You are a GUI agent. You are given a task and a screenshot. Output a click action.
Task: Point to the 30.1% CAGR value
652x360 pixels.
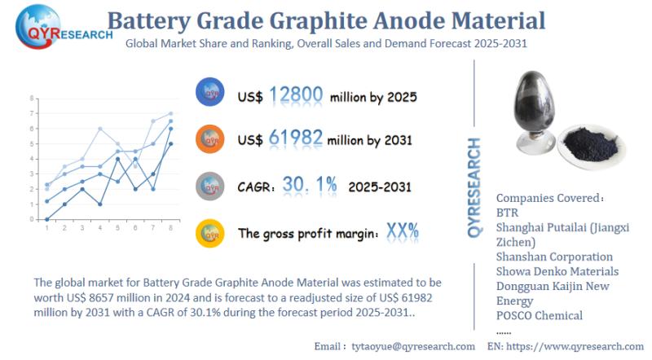[310, 185]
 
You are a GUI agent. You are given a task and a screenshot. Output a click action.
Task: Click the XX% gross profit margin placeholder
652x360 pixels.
[403, 232]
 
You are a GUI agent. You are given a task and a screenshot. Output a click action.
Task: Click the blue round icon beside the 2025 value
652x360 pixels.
[210, 94]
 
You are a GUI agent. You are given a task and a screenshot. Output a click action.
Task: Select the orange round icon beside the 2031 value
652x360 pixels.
[210, 139]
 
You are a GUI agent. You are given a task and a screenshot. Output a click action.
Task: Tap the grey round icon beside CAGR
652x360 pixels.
[210, 186]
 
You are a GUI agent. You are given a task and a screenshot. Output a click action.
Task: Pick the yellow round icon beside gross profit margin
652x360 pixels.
[210, 233]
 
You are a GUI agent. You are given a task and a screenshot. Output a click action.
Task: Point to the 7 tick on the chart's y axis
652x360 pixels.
[32, 113]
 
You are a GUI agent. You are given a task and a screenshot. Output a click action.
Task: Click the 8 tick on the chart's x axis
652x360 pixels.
[170, 227]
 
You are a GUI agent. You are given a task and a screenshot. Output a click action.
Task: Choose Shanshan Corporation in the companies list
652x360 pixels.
[554, 257]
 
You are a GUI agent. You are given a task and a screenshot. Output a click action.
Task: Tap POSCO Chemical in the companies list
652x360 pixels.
[540, 315]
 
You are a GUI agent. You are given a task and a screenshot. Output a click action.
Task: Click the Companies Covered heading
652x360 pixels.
[550, 197]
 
